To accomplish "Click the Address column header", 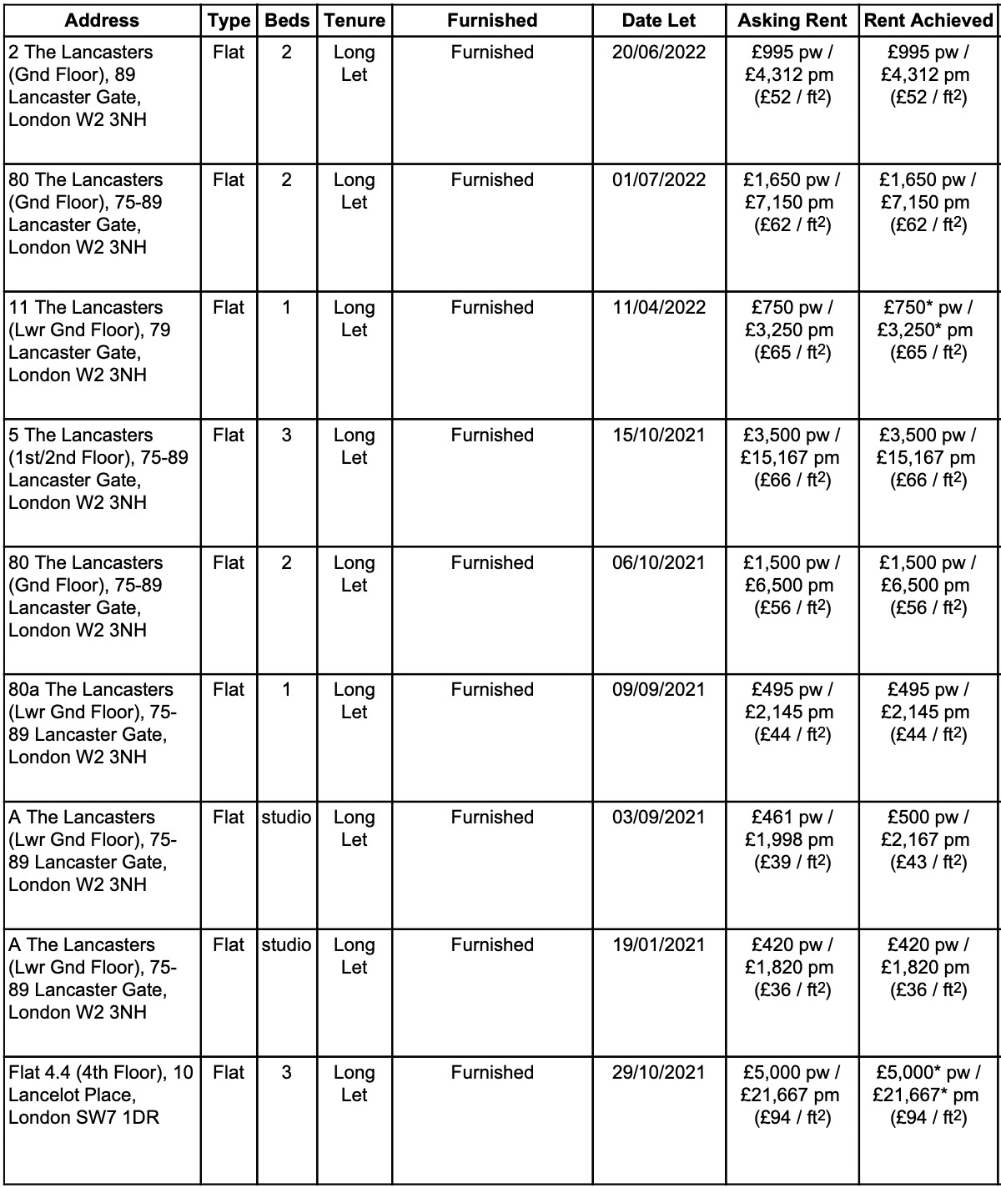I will pyautogui.click(x=103, y=20).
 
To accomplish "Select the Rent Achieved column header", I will pyautogui.click(x=928, y=20).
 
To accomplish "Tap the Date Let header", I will pyautogui.click(x=658, y=20).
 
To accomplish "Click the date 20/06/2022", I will pyautogui.click(x=658, y=53).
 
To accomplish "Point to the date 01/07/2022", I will pyautogui.click(x=658, y=180).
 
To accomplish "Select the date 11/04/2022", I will pyautogui.click(x=658, y=308).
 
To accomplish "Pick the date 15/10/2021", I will pyautogui.click(x=658, y=435).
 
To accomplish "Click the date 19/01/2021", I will pyautogui.click(x=658, y=945).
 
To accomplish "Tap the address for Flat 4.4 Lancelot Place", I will pyautogui.click(x=100, y=1095).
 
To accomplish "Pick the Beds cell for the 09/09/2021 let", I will pyautogui.click(x=286, y=690).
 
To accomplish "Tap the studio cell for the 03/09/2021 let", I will pyautogui.click(x=286, y=818).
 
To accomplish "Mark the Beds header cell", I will pyautogui.click(x=286, y=20).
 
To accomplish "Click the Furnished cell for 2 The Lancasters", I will pyautogui.click(x=492, y=53).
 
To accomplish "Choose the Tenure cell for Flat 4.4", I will pyautogui.click(x=354, y=1083).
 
